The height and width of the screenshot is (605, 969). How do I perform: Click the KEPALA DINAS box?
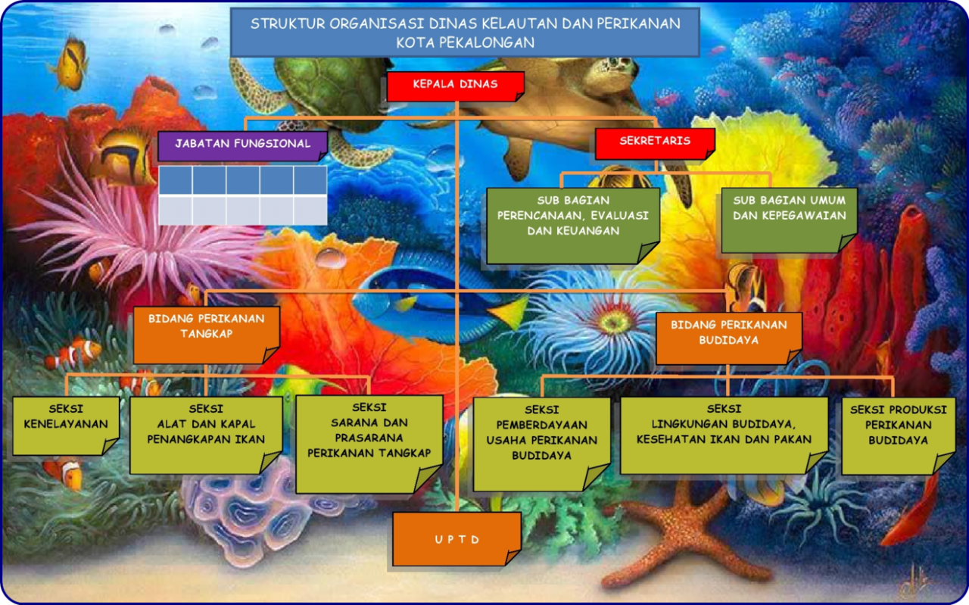(456, 86)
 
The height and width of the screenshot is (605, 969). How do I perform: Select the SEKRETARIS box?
(655, 144)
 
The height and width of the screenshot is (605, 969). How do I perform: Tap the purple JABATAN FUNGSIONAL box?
(243, 146)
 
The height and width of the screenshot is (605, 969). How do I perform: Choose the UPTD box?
(456, 539)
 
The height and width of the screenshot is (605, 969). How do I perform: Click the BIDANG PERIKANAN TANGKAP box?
(207, 335)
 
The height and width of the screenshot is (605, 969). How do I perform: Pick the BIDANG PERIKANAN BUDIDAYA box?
(729, 338)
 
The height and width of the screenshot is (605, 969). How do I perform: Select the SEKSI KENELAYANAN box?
(66, 426)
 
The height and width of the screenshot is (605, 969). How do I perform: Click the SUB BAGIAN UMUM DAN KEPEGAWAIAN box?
(789, 220)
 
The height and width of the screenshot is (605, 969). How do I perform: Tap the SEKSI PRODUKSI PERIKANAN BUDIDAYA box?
(898, 436)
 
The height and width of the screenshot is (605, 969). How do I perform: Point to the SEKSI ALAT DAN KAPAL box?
(206, 435)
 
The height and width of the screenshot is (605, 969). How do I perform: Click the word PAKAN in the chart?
(794, 439)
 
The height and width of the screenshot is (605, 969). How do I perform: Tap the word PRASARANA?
(369, 438)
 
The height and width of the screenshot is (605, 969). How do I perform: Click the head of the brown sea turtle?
(616, 68)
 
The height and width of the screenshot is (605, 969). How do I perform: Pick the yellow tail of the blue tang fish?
(509, 313)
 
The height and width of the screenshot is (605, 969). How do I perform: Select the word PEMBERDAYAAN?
(541, 425)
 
